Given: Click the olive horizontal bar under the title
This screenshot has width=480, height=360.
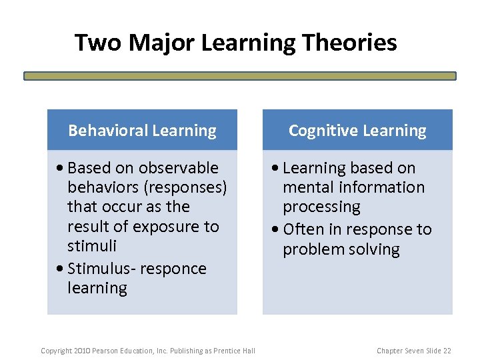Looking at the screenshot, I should tap(240, 76).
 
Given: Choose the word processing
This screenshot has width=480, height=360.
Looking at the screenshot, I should tap(321, 207).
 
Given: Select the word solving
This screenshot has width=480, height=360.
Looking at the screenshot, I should tap(375, 249).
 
